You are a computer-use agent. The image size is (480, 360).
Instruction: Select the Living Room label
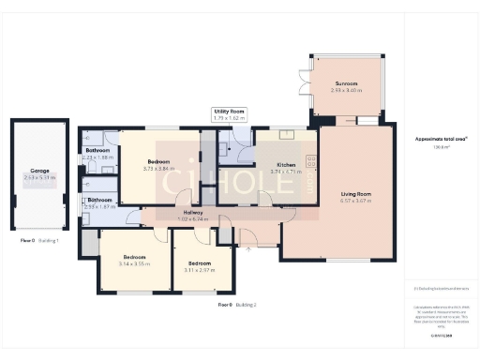[355, 194]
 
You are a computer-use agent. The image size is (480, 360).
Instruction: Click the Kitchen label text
[287, 164]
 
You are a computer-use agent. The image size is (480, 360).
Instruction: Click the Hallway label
[194, 212]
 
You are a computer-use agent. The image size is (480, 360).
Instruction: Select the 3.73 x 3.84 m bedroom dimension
[159, 169]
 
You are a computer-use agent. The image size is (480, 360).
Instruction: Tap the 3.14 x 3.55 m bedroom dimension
[135, 263]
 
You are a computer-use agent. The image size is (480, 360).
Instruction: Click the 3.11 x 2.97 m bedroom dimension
[199, 270]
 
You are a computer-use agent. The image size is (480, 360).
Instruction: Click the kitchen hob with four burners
[310, 160]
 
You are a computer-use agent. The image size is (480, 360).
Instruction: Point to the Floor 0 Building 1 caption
[39, 241]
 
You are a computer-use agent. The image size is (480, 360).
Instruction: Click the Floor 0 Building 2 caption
[237, 305]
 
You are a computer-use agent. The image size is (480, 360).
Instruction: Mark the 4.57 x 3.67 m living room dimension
[355, 201]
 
